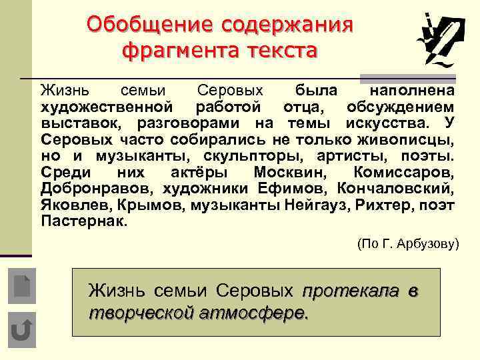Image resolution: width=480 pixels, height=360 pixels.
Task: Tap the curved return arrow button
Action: point(22,330)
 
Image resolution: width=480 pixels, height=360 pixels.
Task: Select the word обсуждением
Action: point(401,107)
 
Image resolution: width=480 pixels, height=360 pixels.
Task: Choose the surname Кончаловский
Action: point(397,189)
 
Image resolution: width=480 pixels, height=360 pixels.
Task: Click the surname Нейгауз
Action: point(316,205)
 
